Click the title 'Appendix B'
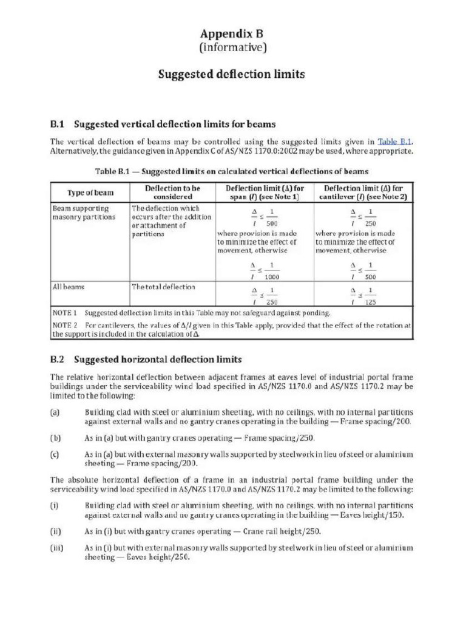(x=232, y=33)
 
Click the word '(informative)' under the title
(x=232, y=47)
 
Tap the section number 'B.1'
(x=57, y=125)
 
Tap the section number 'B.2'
(x=57, y=359)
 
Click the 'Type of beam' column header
(x=90, y=193)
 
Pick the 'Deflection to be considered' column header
(x=173, y=193)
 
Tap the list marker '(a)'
(x=55, y=411)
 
